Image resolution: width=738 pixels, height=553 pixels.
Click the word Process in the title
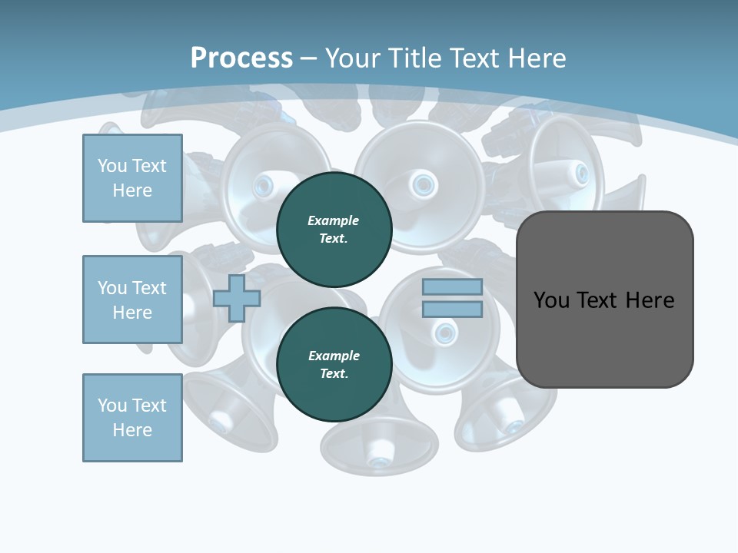pos(241,58)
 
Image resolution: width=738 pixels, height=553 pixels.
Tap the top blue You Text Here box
pos(132,178)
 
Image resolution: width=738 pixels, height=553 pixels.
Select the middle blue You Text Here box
pos(132,300)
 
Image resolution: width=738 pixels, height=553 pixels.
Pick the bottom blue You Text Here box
pos(132,418)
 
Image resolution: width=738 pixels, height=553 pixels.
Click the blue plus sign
pos(237,298)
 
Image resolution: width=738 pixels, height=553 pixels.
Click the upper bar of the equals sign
pos(452,287)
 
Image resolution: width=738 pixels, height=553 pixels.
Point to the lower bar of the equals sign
pos(452,310)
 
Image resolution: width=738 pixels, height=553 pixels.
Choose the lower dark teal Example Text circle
pos(334,364)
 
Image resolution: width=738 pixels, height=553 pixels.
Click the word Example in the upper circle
pos(334,220)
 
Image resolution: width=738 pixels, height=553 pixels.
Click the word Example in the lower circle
pos(334,356)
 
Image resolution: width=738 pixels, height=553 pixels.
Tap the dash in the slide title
pos(309,58)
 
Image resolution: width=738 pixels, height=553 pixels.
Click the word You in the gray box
pos(553,300)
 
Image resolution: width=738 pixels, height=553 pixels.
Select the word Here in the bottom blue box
pos(132,430)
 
